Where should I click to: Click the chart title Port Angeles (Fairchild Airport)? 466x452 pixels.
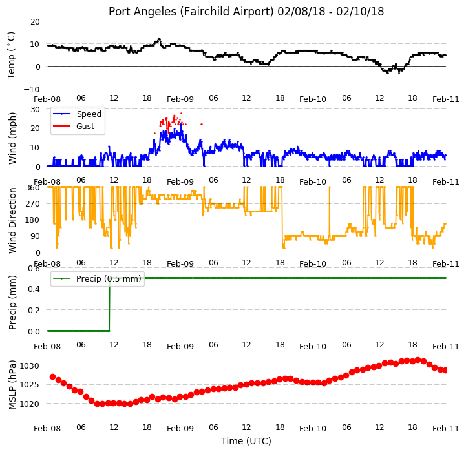pos(191,12)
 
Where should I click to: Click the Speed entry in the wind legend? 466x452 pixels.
pos(78,114)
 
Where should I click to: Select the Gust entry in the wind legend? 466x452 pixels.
pos(74,126)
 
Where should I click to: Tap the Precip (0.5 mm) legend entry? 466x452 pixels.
pos(97,278)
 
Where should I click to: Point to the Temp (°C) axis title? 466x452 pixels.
pos(11,56)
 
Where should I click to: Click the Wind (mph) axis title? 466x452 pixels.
pos(12,138)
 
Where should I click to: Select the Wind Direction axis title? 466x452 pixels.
pos(12,220)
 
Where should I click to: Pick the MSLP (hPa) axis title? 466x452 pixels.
pos(12,385)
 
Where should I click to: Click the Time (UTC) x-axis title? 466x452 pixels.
pos(246,441)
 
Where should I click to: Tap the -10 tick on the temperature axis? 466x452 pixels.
pos(32,89)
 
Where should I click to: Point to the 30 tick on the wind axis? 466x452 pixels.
pos(35,110)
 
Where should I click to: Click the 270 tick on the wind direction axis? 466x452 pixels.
pos(33,204)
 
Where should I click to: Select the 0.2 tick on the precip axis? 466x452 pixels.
pos(34,310)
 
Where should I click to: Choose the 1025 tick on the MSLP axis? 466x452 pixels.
pos(29,385)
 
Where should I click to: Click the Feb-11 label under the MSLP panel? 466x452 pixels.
pos(446,429)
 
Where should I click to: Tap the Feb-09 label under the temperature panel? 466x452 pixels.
pos(180,99)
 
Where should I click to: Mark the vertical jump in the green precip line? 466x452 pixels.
pos(110,304)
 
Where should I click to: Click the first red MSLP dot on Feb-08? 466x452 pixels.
pos(52,376)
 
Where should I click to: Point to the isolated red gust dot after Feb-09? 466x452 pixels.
pos(202,124)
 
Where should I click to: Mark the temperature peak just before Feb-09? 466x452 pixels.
pos(159,39)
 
